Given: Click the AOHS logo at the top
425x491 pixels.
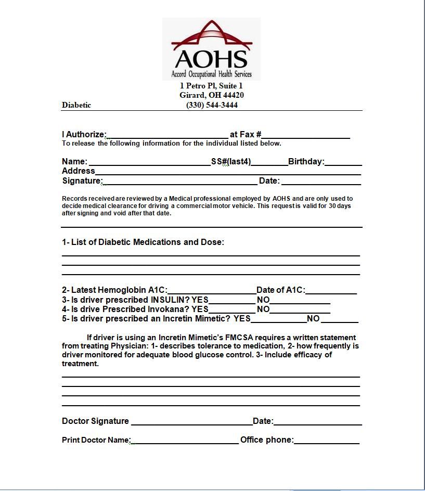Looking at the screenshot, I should click(211, 49).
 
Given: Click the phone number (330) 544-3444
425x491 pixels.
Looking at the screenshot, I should click(212, 105).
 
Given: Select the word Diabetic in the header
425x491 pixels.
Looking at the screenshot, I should click(76, 105).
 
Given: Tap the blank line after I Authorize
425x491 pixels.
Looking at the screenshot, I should click(167, 135).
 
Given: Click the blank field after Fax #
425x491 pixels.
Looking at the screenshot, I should click(306, 135).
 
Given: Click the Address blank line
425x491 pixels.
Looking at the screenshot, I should click(228, 172).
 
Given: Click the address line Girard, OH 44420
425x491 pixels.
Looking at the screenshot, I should click(212, 95).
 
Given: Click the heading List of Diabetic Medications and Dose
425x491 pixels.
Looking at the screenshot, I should click(143, 242).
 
